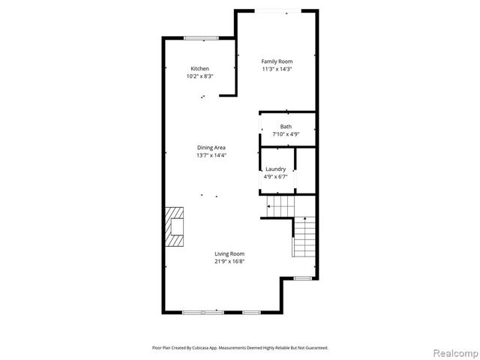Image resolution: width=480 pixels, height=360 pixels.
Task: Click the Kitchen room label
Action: (199, 69)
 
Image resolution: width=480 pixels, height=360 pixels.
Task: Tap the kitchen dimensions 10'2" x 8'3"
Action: (199, 76)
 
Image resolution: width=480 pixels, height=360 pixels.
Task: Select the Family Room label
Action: (277, 61)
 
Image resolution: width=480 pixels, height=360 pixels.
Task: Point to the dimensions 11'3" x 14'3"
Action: (277, 69)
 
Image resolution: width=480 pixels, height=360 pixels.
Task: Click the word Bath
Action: (286, 127)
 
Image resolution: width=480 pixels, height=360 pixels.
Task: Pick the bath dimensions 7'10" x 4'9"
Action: (286, 134)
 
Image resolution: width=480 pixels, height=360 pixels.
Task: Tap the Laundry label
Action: (275, 169)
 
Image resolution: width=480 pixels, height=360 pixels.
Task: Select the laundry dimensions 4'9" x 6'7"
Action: (275, 177)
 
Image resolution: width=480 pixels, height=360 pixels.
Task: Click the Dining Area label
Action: (211, 148)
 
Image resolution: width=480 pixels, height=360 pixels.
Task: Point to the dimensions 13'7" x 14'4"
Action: (211, 155)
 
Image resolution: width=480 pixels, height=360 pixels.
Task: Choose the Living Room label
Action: (229, 253)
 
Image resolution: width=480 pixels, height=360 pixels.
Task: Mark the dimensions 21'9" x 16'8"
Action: (229, 261)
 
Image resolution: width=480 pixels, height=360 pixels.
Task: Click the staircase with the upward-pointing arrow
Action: (304, 238)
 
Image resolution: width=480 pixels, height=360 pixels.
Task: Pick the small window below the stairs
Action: (302, 278)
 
